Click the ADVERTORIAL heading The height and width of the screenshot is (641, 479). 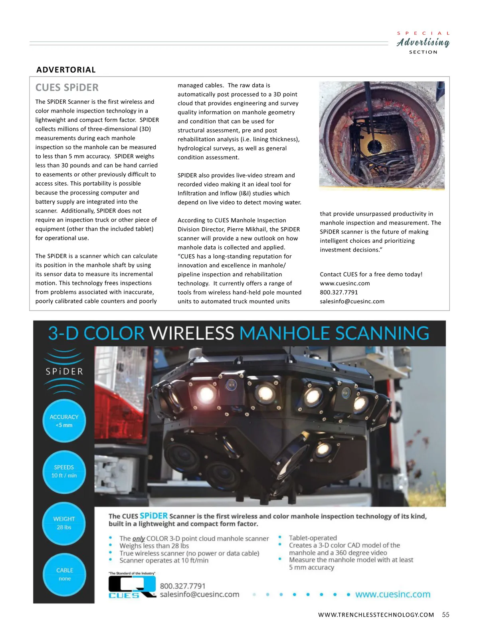tap(66, 70)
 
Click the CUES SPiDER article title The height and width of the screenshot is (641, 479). tap(67, 88)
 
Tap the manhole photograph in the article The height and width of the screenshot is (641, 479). tap(382, 135)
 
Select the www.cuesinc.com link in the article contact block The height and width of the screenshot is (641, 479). tap(344, 283)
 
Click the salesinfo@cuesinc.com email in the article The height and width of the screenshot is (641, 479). tap(352, 301)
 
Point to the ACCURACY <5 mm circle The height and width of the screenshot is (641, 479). tap(64, 421)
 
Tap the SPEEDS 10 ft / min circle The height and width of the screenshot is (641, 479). tap(64, 471)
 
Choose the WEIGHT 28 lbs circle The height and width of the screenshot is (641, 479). tap(64, 523)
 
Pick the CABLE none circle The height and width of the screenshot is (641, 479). tap(64, 574)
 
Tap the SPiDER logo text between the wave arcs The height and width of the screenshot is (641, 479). tap(64, 372)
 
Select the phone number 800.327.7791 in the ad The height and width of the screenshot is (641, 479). tap(182, 586)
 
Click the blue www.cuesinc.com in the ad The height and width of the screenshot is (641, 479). tap(393, 594)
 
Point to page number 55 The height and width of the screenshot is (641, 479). tap(445, 615)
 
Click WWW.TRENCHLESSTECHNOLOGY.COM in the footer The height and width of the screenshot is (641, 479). tap(376, 615)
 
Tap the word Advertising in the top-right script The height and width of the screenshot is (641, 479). tap(423, 42)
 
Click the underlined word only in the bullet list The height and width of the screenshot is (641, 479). tap(139, 538)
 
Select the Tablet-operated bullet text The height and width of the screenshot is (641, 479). tap(313, 538)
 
